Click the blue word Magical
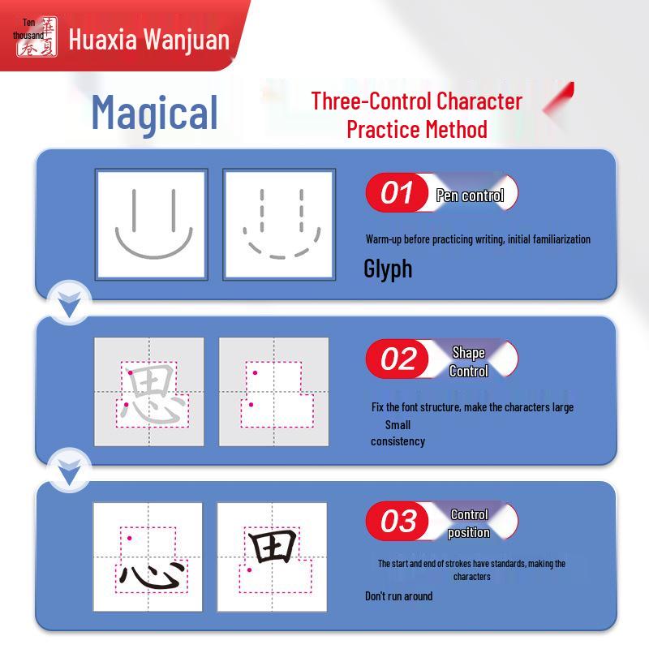(x=154, y=113)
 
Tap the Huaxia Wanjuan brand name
(x=149, y=40)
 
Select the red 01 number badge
(x=397, y=192)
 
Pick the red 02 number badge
(x=397, y=359)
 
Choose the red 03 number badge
(x=397, y=521)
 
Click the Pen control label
(x=470, y=196)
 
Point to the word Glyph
(x=388, y=269)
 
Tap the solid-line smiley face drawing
(x=153, y=224)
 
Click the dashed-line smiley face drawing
(x=282, y=224)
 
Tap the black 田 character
(x=273, y=546)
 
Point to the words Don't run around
(x=398, y=596)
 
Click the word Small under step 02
(x=398, y=425)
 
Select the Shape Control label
(x=469, y=362)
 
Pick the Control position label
(x=469, y=523)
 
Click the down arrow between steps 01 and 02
(x=69, y=304)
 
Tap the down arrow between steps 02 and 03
(x=69, y=472)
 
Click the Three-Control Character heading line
(x=416, y=101)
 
